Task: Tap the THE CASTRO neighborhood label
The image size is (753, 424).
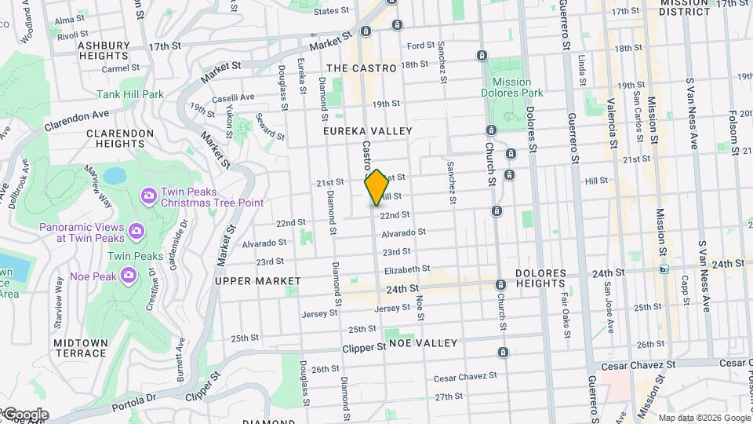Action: click(362, 68)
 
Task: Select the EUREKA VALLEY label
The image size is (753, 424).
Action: click(367, 131)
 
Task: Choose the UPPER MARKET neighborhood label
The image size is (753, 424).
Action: click(257, 281)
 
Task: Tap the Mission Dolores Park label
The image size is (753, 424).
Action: click(518, 87)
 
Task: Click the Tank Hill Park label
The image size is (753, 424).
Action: click(130, 94)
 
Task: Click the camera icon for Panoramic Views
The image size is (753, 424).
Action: click(136, 231)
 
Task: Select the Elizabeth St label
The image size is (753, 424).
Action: click(402, 269)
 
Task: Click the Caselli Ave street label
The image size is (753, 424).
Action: click(236, 97)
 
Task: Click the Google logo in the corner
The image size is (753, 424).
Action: click(25, 415)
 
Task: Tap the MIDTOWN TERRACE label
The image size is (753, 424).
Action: click(81, 348)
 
